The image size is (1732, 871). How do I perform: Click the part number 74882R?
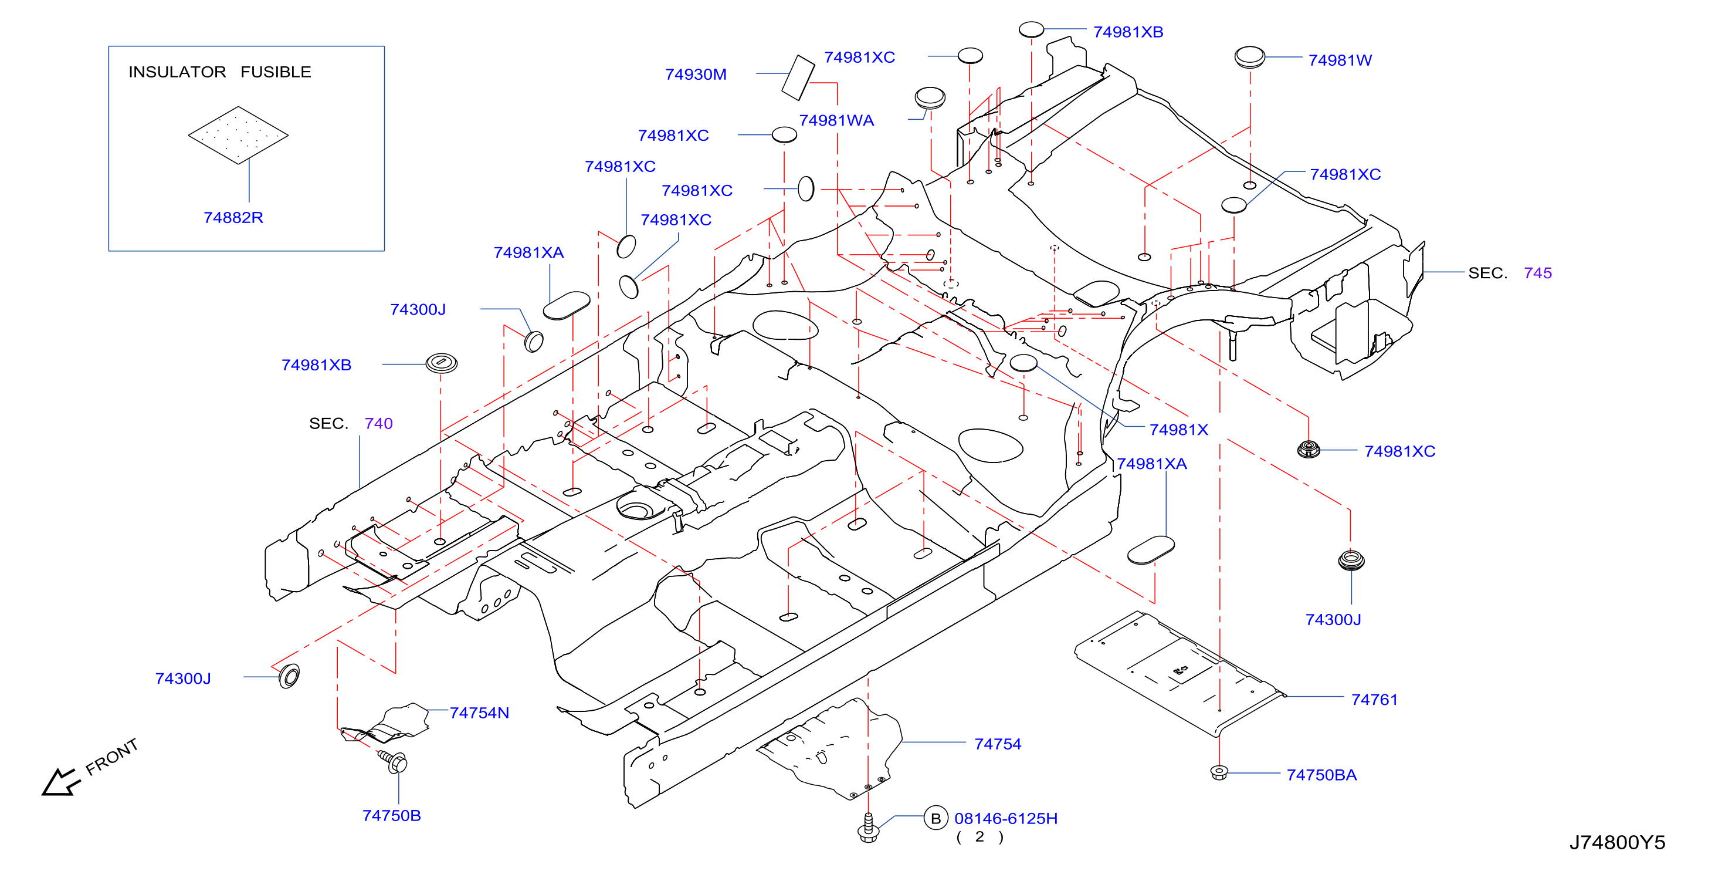(233, 217)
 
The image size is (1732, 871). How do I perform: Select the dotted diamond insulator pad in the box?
(238, 134)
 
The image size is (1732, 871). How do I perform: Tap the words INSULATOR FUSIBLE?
(220, 72)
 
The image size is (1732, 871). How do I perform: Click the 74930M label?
(696, 74)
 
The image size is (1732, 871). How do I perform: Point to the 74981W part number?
(1340, 60)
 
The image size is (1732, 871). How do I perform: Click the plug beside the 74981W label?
(1250, 57)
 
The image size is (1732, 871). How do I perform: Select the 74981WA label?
(836, 120)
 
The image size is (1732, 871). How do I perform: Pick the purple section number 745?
(1538, 272)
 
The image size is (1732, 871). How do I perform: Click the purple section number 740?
(378, 423)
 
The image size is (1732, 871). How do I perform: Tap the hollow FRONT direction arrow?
(60, 782)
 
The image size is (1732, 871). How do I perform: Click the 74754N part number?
(479, 713)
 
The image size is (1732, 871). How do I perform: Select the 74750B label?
(391, 815)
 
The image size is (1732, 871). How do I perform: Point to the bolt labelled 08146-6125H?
(868, 828)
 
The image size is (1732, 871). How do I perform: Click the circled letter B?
(936, 819)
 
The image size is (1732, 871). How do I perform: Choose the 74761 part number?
(1374, 700)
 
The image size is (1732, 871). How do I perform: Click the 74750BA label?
(1322, 775)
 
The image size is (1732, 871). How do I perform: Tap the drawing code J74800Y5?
(1618, 842)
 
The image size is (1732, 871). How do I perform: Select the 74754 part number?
(998, 744)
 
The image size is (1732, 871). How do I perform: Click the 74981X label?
(1179, 429)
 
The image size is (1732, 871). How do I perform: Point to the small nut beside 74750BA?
(1219, 772)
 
